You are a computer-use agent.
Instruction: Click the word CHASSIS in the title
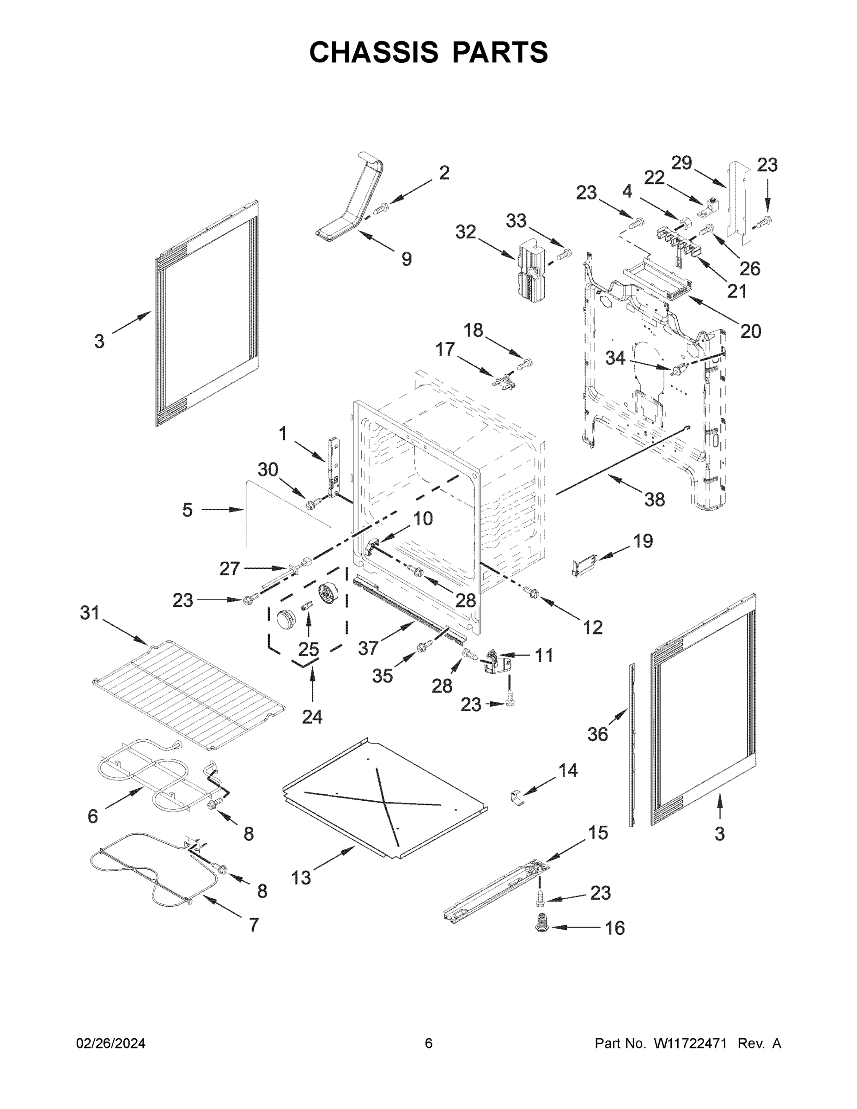point(374,52)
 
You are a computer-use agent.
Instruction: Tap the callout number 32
point(465,232)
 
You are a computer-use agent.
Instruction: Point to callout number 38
point(655,500)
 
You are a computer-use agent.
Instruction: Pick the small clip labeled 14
point(517,797)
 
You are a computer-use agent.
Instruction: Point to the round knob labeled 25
point(286,620)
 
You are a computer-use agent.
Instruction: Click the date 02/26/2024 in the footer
point(111,1043)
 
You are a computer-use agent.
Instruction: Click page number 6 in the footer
point(429,1043)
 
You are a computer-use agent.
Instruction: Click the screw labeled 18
point(525,364)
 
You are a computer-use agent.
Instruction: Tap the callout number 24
point(312,717)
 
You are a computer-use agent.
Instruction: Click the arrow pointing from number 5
point(224,509)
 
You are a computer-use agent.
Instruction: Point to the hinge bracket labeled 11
point(493,662)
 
